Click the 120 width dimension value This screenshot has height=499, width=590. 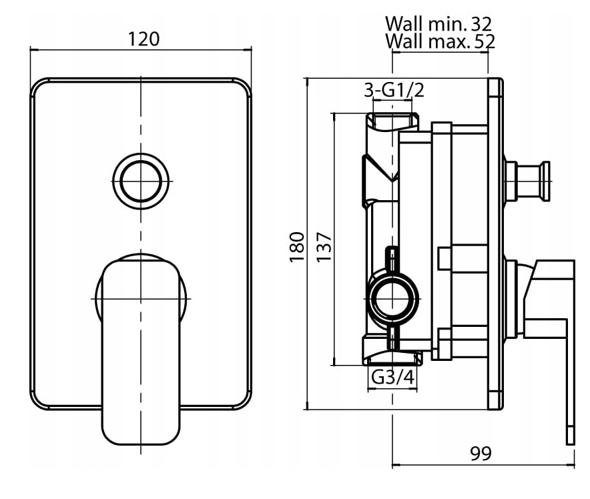pos(144,39)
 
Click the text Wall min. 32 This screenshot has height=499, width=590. pos(438,24)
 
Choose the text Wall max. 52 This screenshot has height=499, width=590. pos(439,42)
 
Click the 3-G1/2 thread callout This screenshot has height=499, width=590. pos(394,90)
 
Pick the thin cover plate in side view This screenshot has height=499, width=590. pos(495,244)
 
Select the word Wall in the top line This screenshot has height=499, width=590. pos(403,24)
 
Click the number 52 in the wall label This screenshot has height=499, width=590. pos(481,42)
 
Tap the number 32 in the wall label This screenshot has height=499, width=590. pos(481,24)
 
